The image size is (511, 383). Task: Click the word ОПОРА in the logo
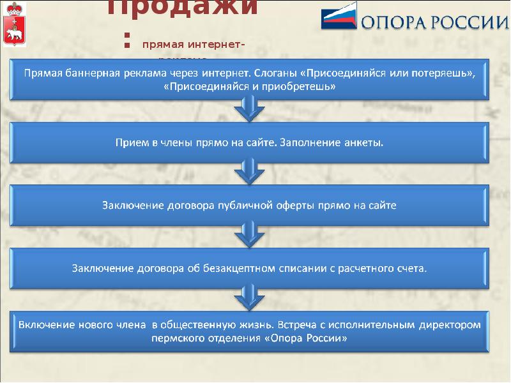tap(393, 22)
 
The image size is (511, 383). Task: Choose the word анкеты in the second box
tap(365, 142)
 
